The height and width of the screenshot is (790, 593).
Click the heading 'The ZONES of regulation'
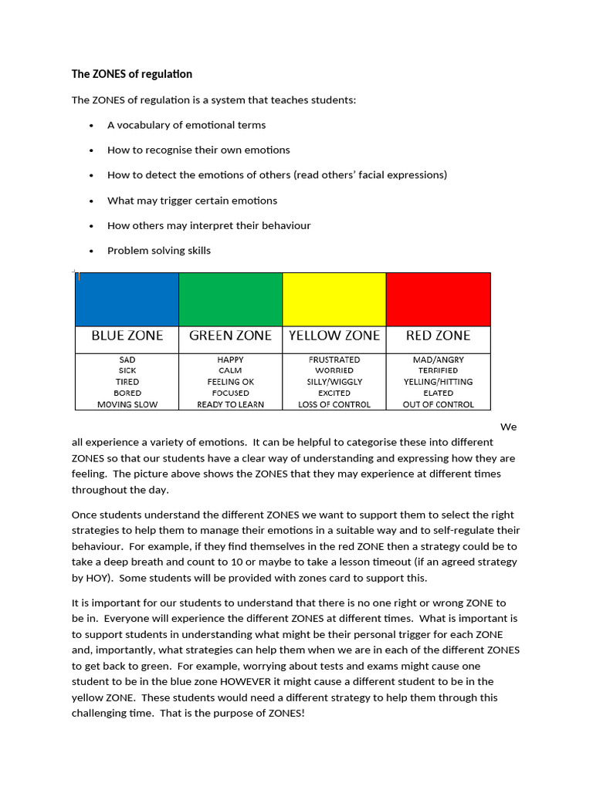click(x=131, y=74)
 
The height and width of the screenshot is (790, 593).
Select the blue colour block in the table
click(x=127, y=299)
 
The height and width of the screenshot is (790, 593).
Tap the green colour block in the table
click(x=230, y=299)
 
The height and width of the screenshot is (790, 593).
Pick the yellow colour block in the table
click(x=334, y=299)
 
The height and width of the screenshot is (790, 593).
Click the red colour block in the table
click(x=438, y=299)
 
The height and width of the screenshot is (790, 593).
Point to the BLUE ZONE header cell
click(x=127, y=336)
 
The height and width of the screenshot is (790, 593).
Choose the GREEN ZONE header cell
click(x=230, y=336)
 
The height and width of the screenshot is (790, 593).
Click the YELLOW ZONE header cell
click(x=334, y=336)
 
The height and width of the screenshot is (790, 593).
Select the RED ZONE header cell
click(x=438, y=336)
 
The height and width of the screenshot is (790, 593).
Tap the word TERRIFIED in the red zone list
click(x=438, y=370)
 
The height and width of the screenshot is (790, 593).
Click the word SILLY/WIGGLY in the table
click(x=334, y=382)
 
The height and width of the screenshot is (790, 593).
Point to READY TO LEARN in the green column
click(x=230, y=404)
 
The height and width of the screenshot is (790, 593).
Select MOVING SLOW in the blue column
click(x=127, y=404)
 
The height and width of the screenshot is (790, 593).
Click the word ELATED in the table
click(x=438, y=393)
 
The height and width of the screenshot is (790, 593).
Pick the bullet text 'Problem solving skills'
click(x=158, y=251)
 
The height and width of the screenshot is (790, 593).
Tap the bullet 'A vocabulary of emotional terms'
click(x=186, y=125)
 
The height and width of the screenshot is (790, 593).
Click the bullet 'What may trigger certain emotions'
click(x=191, y=201)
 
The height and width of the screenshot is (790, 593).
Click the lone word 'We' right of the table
click(x=508, y=427)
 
